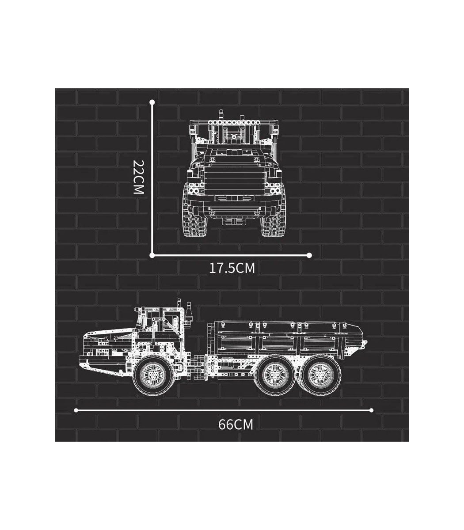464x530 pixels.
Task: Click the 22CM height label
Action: [x=138, y=177]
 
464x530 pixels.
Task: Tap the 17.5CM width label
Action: [x=232, y=269]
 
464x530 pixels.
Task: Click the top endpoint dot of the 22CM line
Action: [x=152, y=102]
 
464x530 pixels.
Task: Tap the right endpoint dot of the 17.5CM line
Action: [x=309, y=255]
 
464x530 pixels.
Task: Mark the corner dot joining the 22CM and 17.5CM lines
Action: [x=152, y=255]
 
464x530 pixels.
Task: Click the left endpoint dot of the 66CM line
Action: [x=76, y=410]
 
